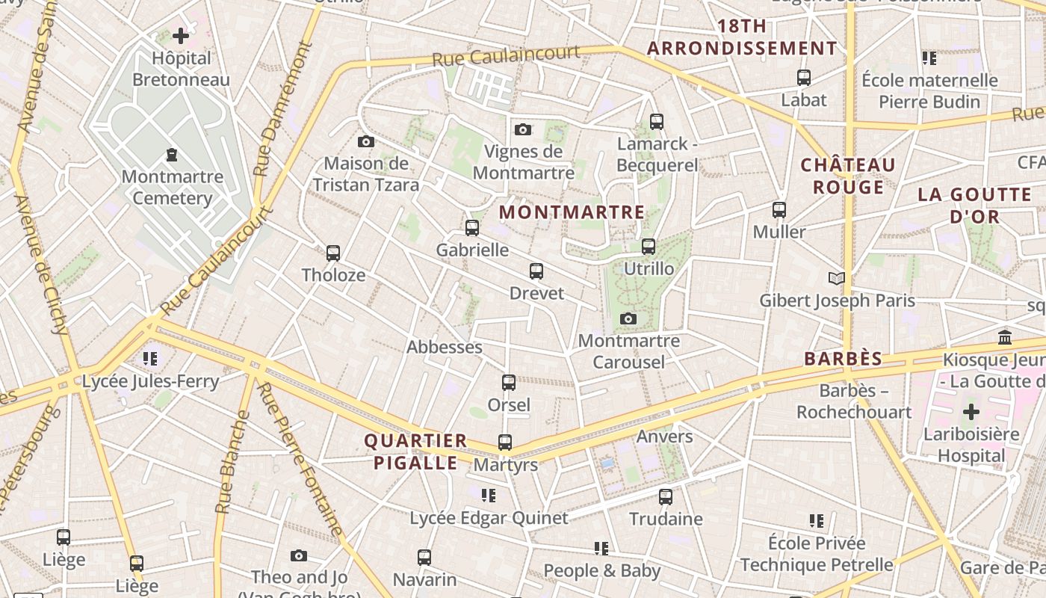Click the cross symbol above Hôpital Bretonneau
181,35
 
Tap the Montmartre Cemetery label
173,188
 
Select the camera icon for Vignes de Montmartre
523,129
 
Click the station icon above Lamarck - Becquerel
657,121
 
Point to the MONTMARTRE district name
572,212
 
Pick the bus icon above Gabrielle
472,228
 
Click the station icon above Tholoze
333,253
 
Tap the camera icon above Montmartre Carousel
628,319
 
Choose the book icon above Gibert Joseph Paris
837,279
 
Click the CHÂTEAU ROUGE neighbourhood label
848,176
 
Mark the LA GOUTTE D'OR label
964,206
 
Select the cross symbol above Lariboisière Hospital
971,412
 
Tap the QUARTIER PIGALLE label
415,451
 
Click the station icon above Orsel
509,383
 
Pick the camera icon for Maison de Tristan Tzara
366,141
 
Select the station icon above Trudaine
666,496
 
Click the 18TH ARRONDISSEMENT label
742,37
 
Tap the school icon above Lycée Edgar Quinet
489,495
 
